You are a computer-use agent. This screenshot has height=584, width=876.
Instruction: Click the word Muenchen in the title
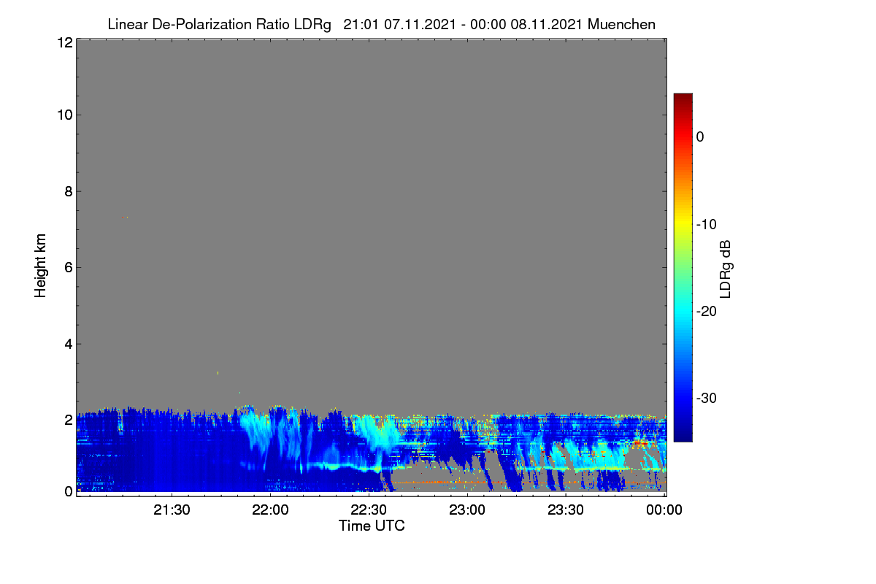pos(621,24)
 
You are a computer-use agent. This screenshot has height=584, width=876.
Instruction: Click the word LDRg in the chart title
pos(312,25)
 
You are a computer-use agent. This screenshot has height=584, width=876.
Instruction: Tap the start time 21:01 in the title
pos(361,24)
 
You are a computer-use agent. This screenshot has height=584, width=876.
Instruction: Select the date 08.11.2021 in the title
pos(546,24)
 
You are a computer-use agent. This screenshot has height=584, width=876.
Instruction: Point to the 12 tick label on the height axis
pos(65,42)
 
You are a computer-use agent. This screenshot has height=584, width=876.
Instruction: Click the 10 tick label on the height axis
pos(65,115)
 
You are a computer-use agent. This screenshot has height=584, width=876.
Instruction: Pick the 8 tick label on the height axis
pos(69,191)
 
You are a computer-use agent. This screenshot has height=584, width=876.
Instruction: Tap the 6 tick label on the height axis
pos(69,268)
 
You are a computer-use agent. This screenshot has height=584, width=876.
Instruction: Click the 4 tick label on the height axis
pos(69,345)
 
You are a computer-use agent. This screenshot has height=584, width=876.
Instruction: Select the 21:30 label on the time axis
pos(172,510)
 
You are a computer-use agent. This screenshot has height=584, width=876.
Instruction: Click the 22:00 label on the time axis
pos(270,510)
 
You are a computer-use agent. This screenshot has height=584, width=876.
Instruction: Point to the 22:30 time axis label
pos(369,510)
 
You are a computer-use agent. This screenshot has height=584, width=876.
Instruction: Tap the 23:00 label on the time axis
pos(467,510)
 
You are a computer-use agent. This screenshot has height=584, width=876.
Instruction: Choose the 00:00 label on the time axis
pos(664,510)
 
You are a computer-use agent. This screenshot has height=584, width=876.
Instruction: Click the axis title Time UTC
pos(372,526)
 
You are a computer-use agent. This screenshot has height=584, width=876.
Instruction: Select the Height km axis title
pos(40,266)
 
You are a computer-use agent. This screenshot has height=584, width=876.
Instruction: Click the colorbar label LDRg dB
pos(725,269)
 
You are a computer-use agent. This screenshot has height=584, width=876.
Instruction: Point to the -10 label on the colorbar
pos(707,225)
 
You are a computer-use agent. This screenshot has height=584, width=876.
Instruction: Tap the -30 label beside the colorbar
pos(707,398)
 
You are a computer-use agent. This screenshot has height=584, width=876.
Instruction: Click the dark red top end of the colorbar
pos(683,96)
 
